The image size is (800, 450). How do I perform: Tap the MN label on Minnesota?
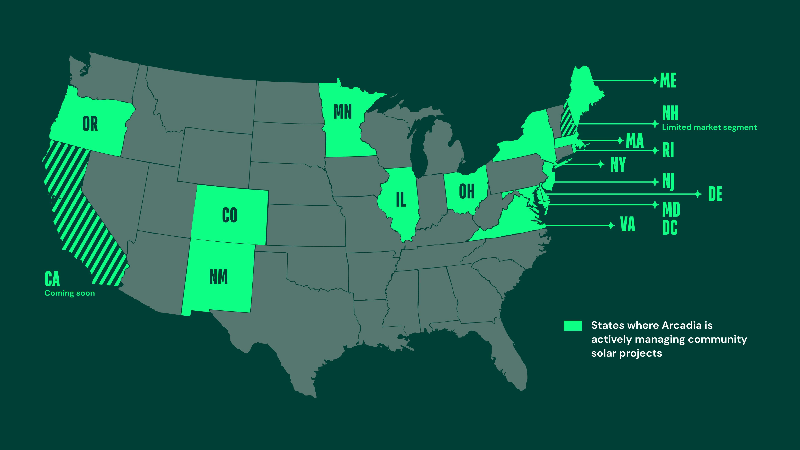pyautogui.click(x=343, y=112)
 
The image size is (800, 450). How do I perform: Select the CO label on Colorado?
pyautogui.click(x=230, y=215)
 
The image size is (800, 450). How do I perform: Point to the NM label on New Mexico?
pyautogui.click(x=219, y=277)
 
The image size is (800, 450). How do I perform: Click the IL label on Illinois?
pyautogui.click(x=401, y=200)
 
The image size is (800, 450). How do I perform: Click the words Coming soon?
pyautogui.click(x=70, y=293)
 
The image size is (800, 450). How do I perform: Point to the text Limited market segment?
pyautogui.click(x=709, y=127)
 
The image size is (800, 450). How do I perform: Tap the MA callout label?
pyautogui.click(x=635, y=141)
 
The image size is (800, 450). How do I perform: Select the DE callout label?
pyautogui.click(x=715, y=194)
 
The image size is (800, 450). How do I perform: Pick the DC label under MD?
pyautogui.click(x=670, y=228)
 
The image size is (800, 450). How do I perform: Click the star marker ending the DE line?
pyautogui.click(x=698, y=194)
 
